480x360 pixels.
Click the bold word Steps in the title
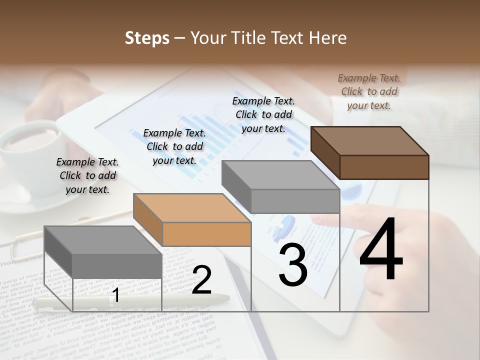tap(147, 38)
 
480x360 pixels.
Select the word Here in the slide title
tap(328, 38)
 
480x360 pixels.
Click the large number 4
tap(381, 249)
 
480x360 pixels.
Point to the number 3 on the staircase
tap(292, 266)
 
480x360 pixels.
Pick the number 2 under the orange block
tap(201, 280)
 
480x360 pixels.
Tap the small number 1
tap(115, 295)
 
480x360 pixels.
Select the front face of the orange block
tap(206, 234)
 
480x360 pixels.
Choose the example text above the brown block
tap(369, 91)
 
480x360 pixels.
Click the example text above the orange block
tap(174, 146)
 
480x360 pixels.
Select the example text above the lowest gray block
tap(87, 175)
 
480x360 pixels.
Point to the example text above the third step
tap(263, 114)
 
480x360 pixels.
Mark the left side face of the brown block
tap(325, 152)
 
